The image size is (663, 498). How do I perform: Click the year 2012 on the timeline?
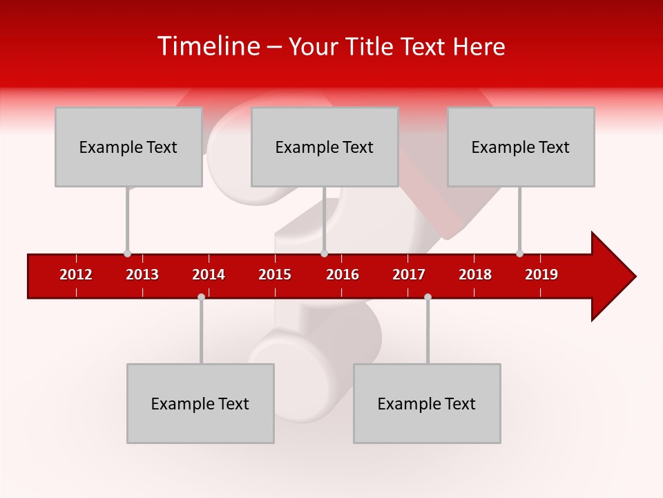point(76,275)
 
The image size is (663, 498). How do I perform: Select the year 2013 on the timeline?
point(142,275)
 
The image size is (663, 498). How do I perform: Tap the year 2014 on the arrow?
point(209,275)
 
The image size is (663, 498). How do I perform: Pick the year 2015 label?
point(275,275)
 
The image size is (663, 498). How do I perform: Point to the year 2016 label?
point(343,275)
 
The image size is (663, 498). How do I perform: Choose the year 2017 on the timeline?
point(409,275)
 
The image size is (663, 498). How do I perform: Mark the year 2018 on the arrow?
point(475,275)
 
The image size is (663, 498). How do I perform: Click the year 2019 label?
point(541,275)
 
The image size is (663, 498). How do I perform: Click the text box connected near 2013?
point(128,147)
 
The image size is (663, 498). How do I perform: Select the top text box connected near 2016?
point(325,147)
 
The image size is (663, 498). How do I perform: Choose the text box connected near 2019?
point(521,147)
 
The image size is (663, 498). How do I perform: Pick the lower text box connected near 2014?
point(200,403)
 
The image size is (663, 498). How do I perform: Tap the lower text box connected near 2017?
point(427,403)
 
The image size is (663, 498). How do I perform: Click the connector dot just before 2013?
point(127,253)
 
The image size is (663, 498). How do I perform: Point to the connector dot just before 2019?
point(519,253)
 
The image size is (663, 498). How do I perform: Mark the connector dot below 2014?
point(201,297)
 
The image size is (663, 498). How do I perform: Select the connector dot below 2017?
point(427,297)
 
